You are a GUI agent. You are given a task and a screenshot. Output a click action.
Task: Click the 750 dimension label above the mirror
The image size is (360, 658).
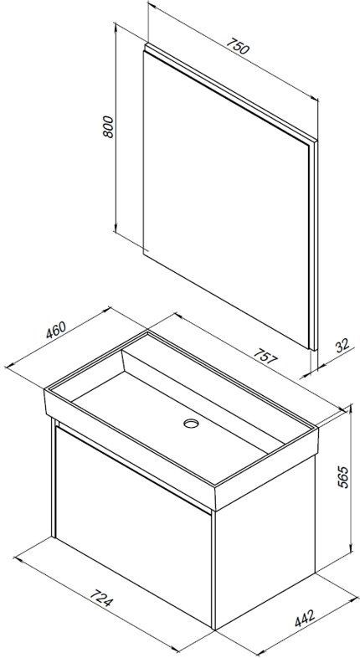pos(238,47)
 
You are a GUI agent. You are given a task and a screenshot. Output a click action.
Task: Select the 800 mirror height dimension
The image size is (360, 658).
pos(108,126)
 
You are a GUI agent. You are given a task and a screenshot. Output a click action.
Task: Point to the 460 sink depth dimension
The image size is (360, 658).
pos(56,330)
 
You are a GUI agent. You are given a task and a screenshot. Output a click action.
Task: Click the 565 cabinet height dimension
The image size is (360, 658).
pos(343,477)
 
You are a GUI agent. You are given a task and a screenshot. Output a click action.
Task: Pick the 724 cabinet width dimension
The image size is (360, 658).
pos(101,598)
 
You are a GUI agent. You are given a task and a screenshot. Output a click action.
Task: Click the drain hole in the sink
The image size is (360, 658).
pos(191,424)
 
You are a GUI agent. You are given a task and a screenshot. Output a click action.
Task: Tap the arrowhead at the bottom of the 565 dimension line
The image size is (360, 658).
pos(350,550)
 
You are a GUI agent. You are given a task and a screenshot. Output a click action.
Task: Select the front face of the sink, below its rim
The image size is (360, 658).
pos(130,449)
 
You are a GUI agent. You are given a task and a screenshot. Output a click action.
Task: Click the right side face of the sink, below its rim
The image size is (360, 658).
pos(267,470)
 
